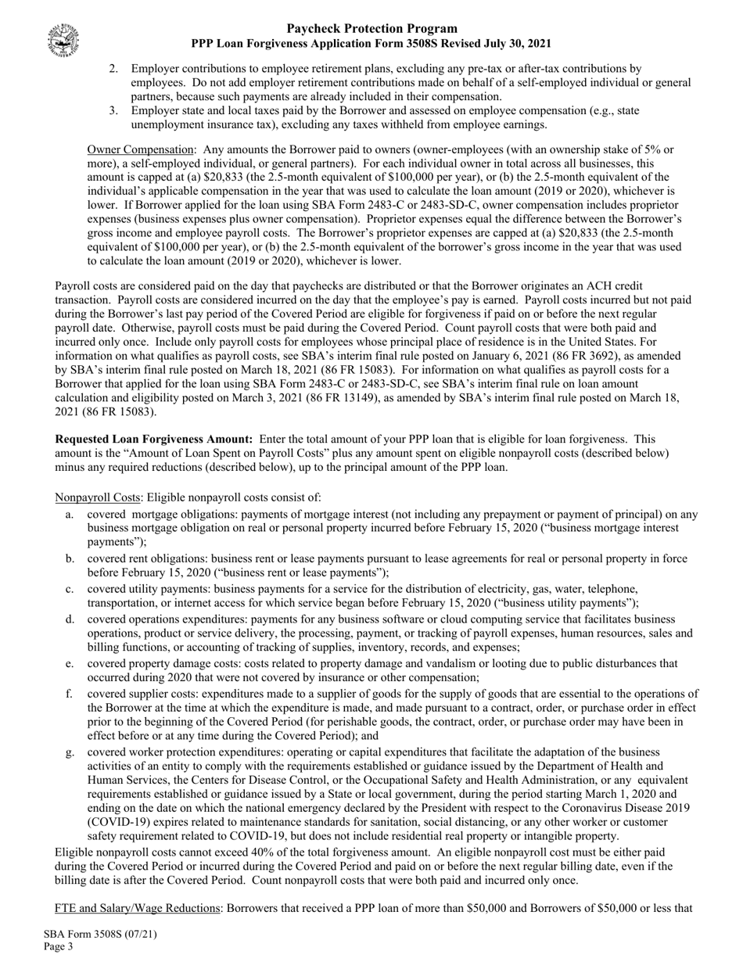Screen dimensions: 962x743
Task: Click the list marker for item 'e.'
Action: (x=70, y=663)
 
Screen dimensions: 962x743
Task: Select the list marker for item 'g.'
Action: (x=70, y=752)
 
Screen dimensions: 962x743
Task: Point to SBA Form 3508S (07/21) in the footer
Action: (x=95, y=934)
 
